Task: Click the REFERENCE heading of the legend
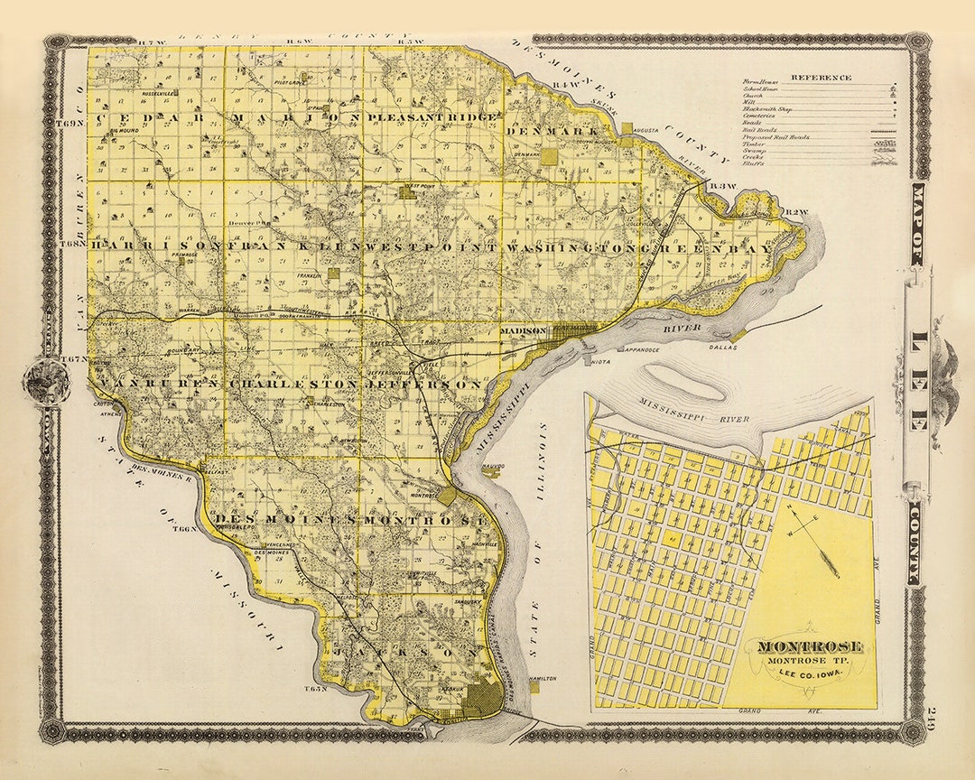pyautogui.click(x=821, y=77)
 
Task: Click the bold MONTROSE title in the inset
pyautogui.click(x=809, y=646)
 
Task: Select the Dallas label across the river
pyautogui.click(x=723, y=347)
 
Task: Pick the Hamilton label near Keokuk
pyautogui.click(x=544, y=679)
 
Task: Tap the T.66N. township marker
pyautogui.click(x=186, y=529)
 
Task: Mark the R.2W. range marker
pyautogui.click(x=794, y=212)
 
